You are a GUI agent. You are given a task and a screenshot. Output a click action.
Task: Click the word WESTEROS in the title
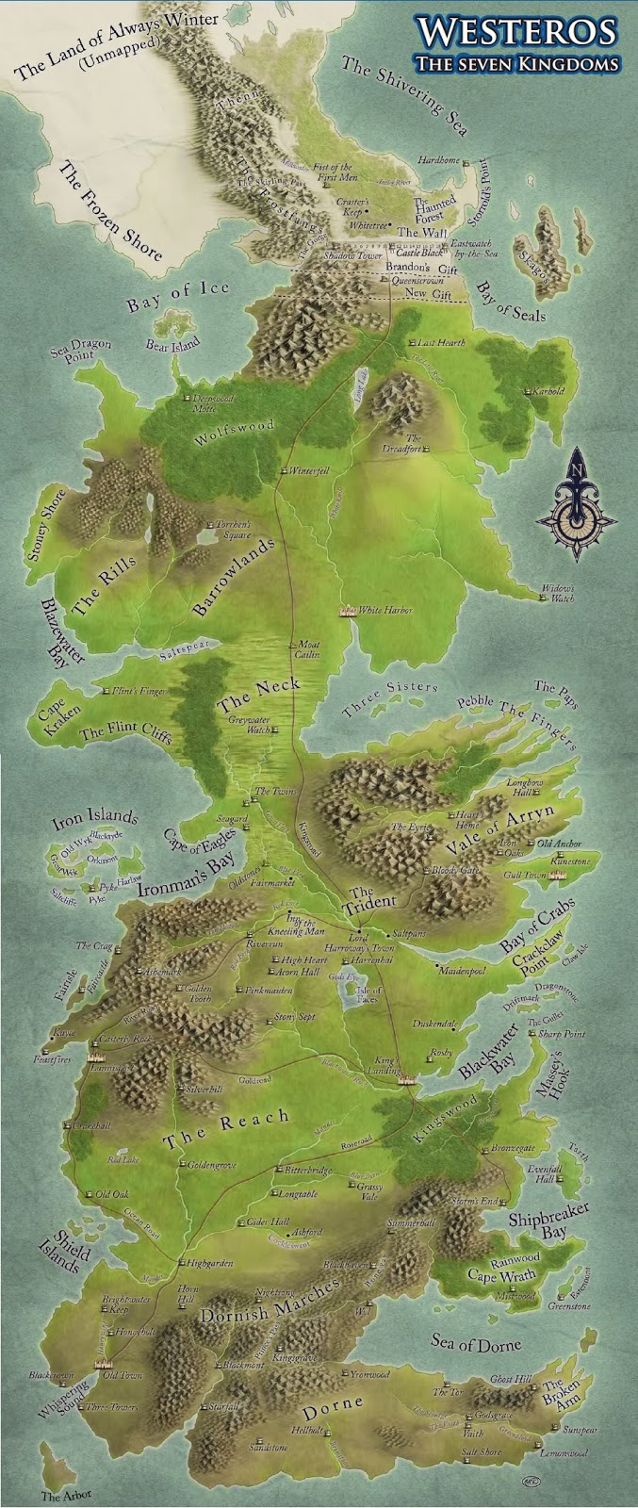click(518, 31)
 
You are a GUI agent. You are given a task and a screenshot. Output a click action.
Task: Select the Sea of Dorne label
click(475, 1344)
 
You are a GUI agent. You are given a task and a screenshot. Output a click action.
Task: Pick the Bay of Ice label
click(178, 295)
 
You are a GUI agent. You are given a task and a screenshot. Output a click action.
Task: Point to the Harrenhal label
click(370, 958)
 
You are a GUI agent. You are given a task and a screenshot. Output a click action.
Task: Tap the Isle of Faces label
click(368, 995)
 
